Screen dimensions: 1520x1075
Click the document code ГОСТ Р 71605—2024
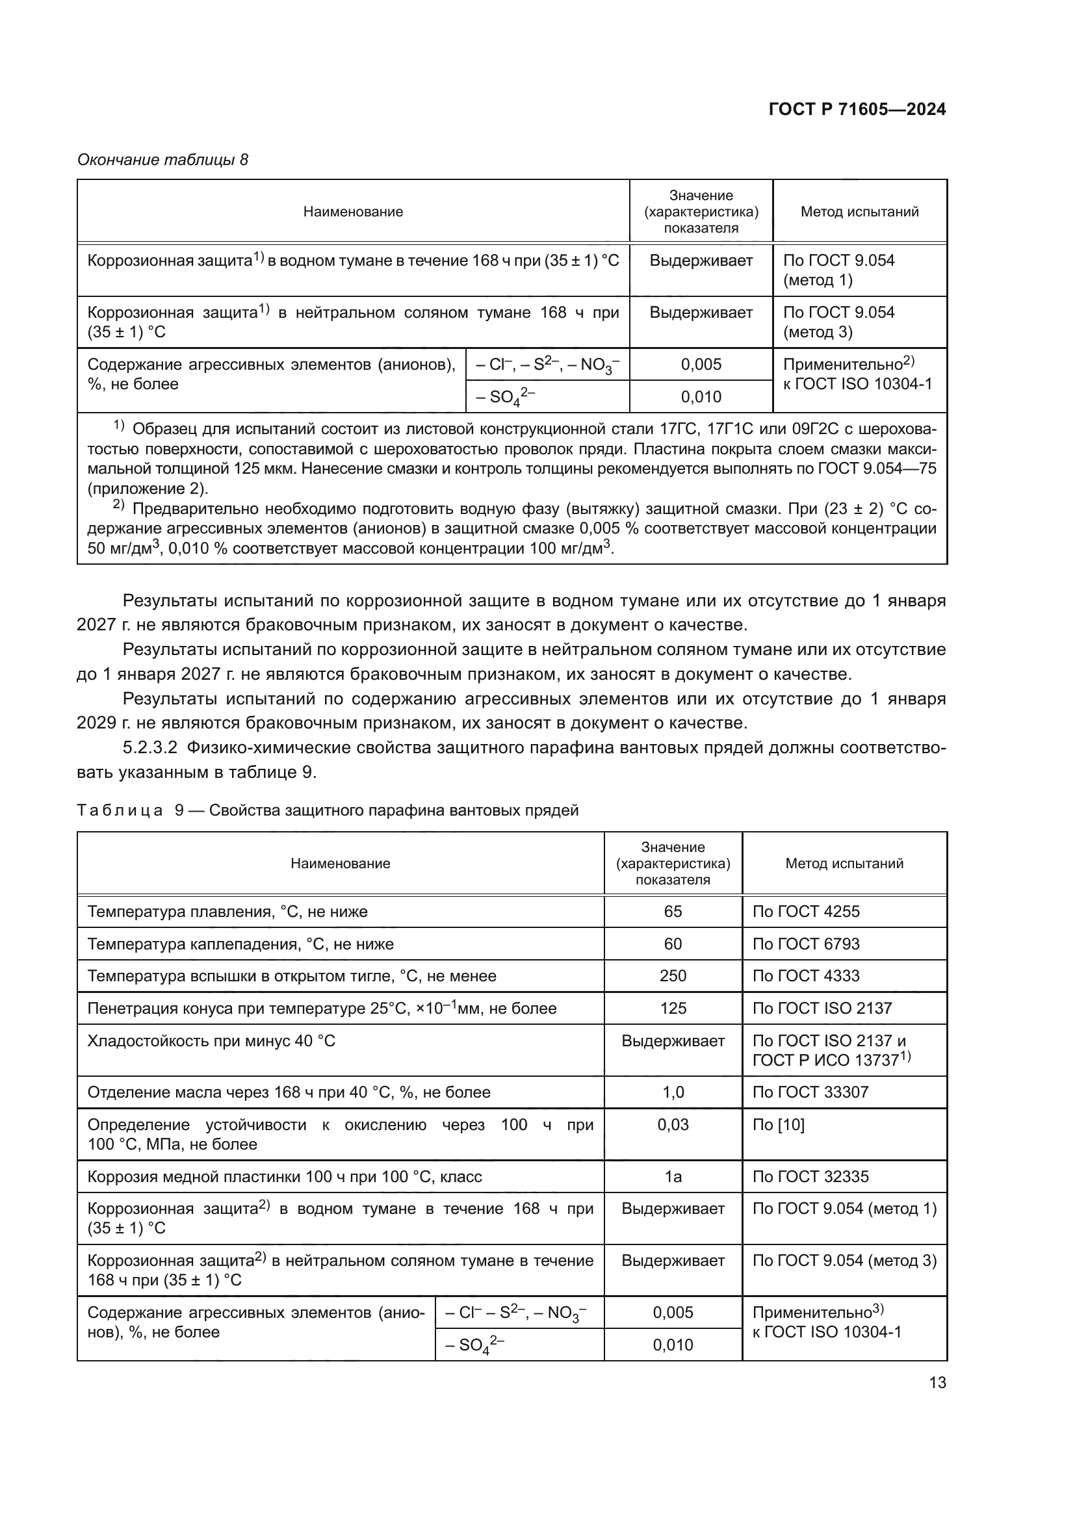click(857, 109)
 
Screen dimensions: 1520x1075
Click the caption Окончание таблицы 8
click(163, 160)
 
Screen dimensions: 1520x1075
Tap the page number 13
click(937, 1383)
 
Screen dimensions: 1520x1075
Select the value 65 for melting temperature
click(673, 912)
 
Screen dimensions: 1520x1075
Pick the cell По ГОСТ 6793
click(805, 944)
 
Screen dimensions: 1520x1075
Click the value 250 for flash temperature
click(673, 976)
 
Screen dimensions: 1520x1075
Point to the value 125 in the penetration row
click(673, 1009)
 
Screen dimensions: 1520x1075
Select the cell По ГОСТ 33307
click(810, 1092)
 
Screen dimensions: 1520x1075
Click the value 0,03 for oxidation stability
click(673, 1125)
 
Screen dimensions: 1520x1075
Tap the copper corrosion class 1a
click(673, 1176)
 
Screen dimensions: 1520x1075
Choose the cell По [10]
click(779, 1125)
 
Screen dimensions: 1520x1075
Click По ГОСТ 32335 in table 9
click(810, 1176)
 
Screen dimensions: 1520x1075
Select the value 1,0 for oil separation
click(673, 1092)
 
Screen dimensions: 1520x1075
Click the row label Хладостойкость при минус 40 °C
click(211, 1040)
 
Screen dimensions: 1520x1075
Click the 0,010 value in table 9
click(673, 1345)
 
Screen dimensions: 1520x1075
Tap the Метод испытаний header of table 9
click(844, 863)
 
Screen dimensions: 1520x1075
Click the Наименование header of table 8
click(353, 212)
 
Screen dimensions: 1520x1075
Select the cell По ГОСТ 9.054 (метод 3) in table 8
click(838, 322)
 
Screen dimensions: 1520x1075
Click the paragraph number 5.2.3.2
click(150, 748)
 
